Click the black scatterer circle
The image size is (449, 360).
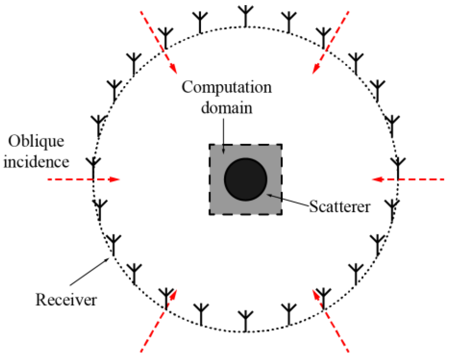pos(246,180)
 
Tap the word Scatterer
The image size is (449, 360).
pos(340,207)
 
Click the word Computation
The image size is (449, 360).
pos(227,87)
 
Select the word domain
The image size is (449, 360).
pos(227,108)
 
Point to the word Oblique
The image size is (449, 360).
pos(36,141)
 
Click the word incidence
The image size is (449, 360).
pos(36,162)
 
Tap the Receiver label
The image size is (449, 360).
pos(66,300)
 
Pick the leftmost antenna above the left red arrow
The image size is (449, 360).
pos(93,167)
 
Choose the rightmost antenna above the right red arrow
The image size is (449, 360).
pos(398,167)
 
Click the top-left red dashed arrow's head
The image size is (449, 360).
pos(174,68)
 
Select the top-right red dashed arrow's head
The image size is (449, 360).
pos(316,69)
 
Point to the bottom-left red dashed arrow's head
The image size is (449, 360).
pos(173,294)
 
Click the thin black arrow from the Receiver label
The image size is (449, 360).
pos(90,272)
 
